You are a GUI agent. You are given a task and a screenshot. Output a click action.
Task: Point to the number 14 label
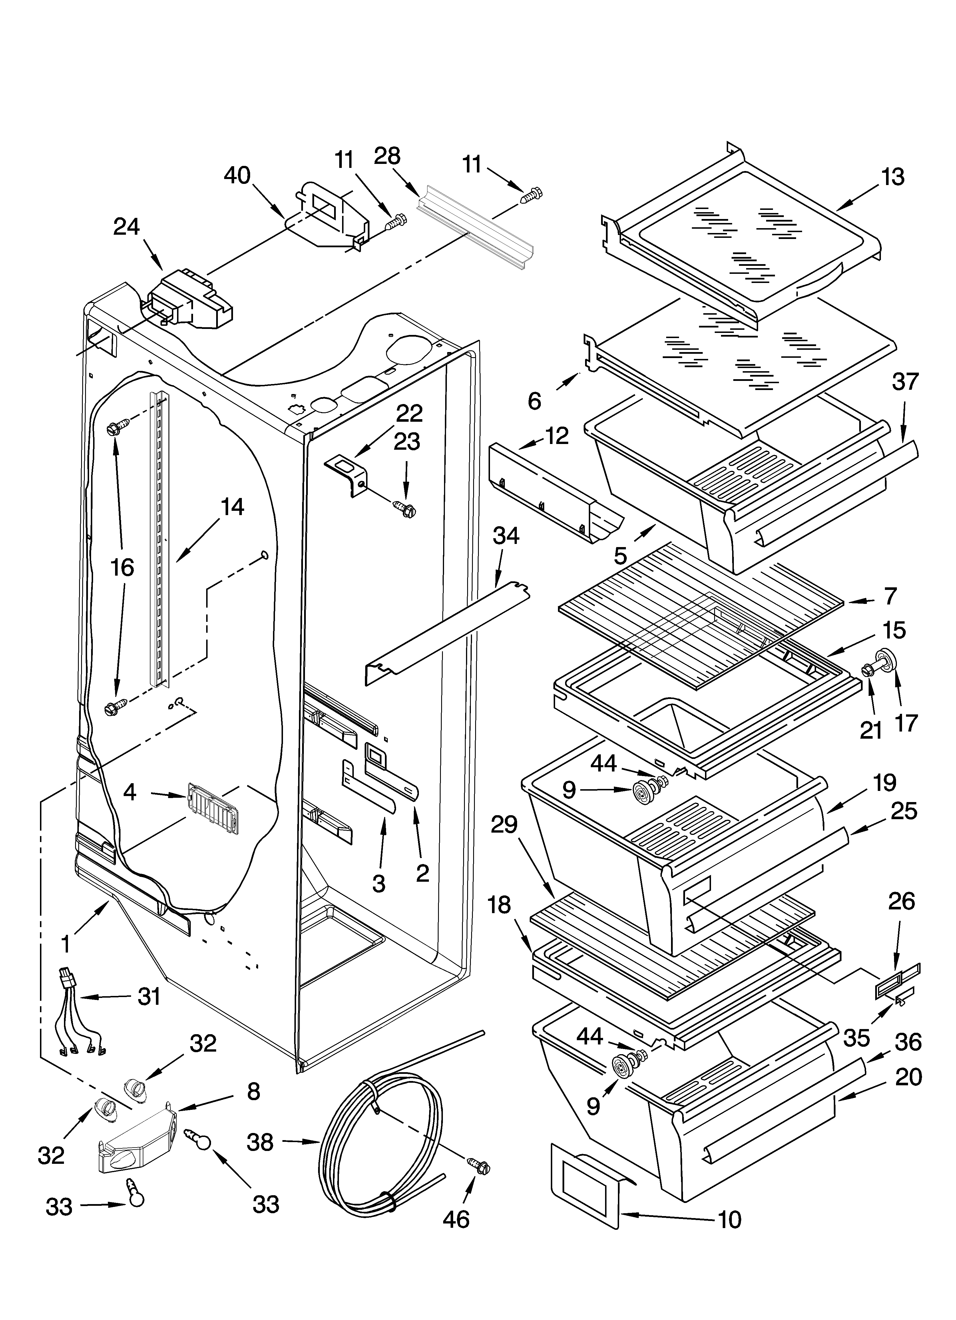point(232,507)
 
